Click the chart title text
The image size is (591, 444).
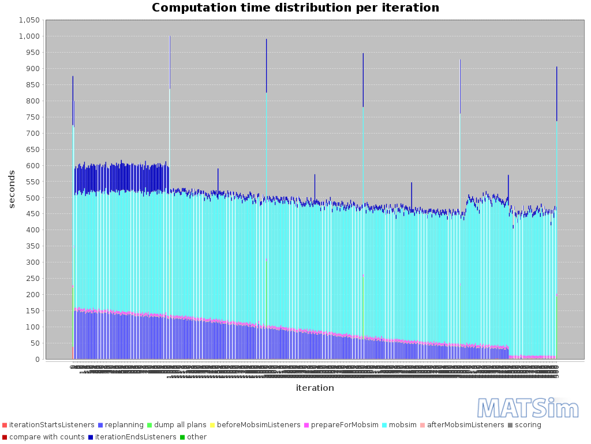coord(295,8)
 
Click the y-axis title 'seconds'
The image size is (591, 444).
coord(12,189)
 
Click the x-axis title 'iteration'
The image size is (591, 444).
coord(315,388)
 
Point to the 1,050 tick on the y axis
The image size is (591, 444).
coord(29,20)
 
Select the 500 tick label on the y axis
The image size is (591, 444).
coord(32,198)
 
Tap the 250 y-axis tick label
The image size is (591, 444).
coord(32,279)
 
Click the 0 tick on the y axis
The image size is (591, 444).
coord(38,360)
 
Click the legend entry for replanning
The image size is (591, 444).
coord(121,425)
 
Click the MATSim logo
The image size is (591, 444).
coord(520,408)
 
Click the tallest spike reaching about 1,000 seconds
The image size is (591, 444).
coord(170,58)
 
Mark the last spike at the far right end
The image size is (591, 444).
coord(556,92)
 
